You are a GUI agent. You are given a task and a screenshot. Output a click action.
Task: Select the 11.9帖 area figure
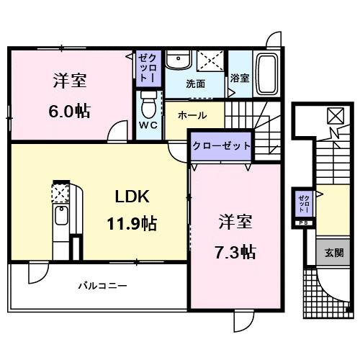[x=132, y=223]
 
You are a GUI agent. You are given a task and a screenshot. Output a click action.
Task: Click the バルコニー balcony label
[x=102, y=286]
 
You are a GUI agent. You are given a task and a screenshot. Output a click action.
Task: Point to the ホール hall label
[x=192, y=115]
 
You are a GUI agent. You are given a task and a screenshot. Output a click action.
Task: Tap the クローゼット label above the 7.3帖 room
[x=221, y=145]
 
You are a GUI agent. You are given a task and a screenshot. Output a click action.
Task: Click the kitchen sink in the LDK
[x=60, y=215]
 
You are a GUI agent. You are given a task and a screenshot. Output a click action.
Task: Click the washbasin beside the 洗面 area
[x=177, y=60]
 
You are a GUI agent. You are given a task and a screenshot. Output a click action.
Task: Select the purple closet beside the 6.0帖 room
[x=146, y=66]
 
